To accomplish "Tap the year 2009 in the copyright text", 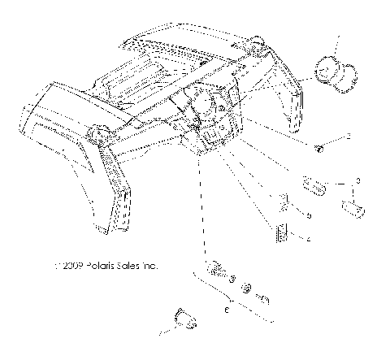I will click(x=70, y=265).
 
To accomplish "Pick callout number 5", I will click(x=310, y=215).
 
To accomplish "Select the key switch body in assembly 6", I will click(x=218, y=270).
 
